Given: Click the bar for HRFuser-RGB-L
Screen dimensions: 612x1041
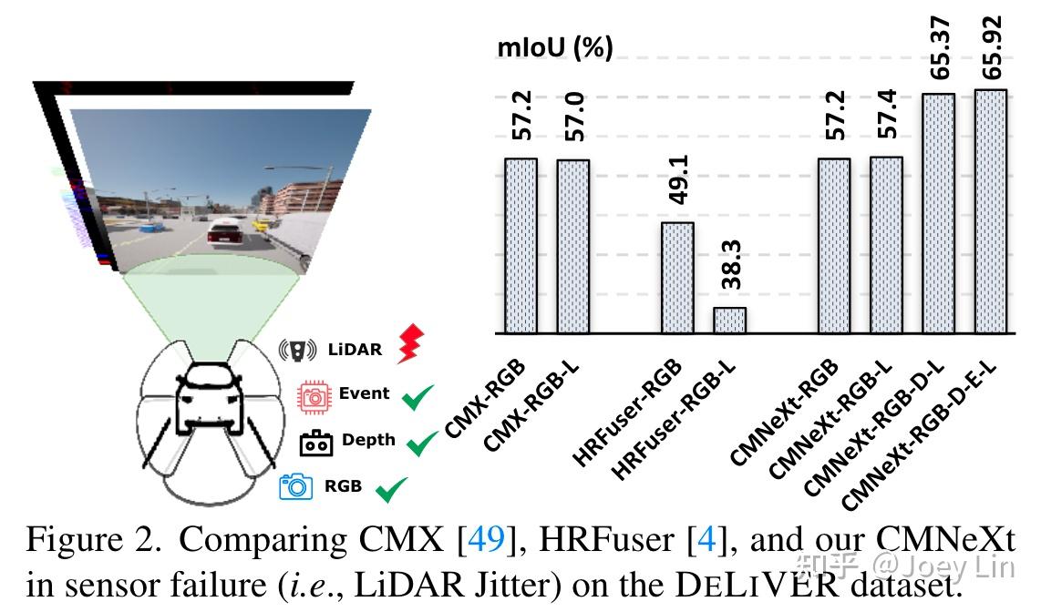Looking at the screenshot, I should pos(729,320).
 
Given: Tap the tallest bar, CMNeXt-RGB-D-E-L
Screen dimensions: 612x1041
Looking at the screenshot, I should pos(990,211).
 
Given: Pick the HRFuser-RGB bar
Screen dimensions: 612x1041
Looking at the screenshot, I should pos(677,278).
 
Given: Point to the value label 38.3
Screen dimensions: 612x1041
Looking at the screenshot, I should pos(730,265).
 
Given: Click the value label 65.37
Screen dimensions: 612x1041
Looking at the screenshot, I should pos(940,47).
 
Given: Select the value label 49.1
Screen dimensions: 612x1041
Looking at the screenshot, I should pos(678,179).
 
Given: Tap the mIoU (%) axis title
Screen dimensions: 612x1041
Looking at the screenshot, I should pos(554,47).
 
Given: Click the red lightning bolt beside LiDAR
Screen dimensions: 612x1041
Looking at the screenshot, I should pos(411,345).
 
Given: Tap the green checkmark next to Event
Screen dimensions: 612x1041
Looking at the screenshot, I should pos(418,398).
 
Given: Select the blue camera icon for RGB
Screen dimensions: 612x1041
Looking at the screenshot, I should pos(296,486).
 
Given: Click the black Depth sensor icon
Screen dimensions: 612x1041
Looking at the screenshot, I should pos(316,443).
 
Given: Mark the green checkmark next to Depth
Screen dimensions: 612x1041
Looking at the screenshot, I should pos(421,444).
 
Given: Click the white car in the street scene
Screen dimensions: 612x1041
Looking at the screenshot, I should pos(224,233).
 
